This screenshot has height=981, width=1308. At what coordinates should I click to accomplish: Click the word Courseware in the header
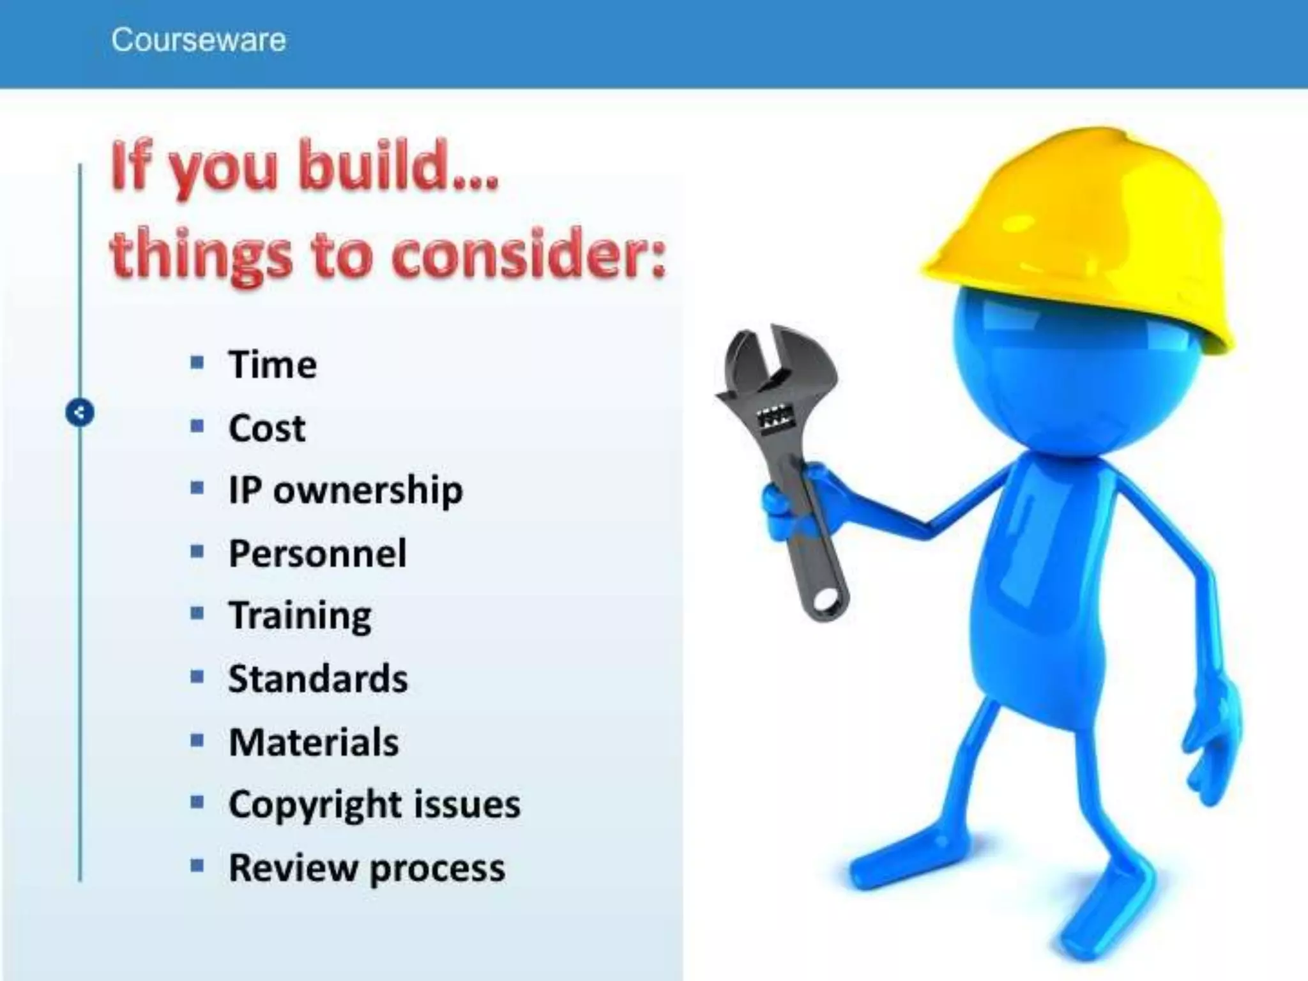click(x=199, y=40)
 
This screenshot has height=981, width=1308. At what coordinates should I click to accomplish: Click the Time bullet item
click(x=273, y=365)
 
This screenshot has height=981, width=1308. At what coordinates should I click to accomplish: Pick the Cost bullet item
click(x=267, y=428)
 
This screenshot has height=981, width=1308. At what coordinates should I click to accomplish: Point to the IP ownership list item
click(x=346, y=490)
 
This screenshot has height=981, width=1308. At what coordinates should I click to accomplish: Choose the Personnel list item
click(x=317, y=553)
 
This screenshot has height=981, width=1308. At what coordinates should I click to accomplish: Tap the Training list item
click(x=300, y=616)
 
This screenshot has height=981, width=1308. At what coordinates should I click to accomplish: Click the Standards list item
click(x=318, y=678)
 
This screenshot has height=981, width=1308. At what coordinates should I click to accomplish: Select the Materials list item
click(x=314, y=741)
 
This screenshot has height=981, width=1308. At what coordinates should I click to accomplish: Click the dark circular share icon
click(x=80, y=413)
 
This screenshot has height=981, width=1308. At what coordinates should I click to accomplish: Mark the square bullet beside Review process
click(x=197, y=867)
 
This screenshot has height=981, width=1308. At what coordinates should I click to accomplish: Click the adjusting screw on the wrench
click(x=771, y=419)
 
